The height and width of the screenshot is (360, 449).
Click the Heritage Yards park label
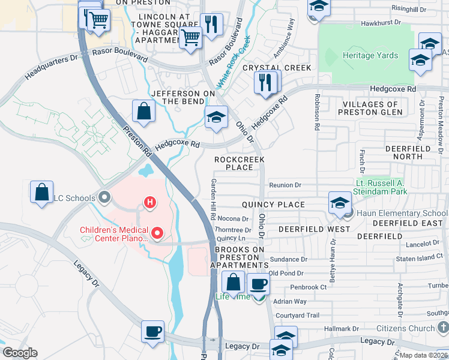pos(370,55)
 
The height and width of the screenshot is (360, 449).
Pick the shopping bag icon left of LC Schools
pos(42,193)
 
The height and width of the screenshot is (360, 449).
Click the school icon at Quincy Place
pos(339,203)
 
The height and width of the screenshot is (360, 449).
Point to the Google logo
pos(20,353)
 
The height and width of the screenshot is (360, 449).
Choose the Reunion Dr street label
pos(285,185)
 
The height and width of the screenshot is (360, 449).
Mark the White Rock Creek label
pos(232,62)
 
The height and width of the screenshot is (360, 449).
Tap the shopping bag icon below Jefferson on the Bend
pos(144,111)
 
